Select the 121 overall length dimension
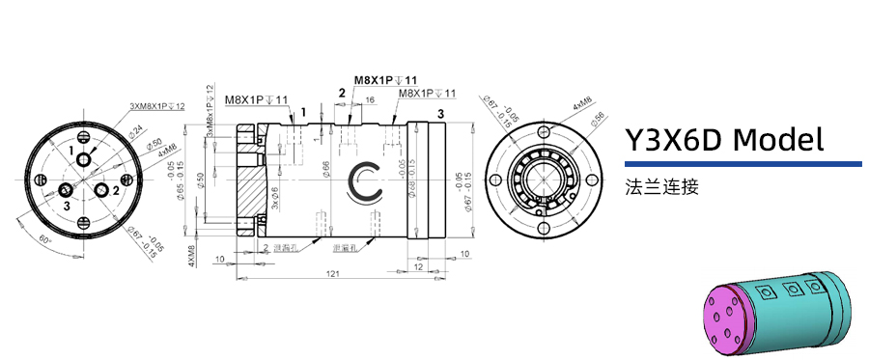pos(330,274)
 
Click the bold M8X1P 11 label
pos(385,80)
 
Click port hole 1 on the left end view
pos(83,159)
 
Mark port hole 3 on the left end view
pos(68,188)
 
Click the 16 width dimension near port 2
pos(370,100)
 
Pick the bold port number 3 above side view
pos(440,114)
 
